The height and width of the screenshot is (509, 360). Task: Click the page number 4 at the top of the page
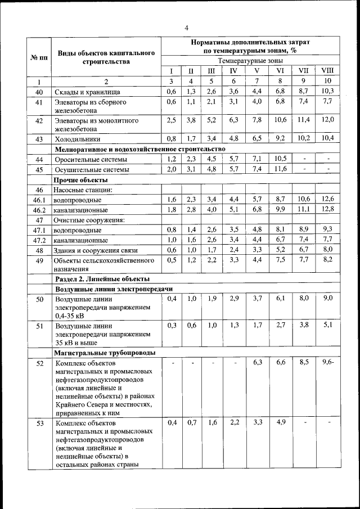(186, 28)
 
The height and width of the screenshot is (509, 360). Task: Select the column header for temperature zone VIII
(327, 71)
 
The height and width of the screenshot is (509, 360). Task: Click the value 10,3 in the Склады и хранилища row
(327, 91)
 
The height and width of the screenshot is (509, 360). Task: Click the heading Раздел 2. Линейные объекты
(101, 278)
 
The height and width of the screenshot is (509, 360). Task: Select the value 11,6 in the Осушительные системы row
(280, 169)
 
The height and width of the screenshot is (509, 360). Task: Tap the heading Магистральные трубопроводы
(105, 353)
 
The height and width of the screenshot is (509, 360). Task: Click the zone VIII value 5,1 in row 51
(327, 325)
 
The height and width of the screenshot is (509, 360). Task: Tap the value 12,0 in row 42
(327, 120)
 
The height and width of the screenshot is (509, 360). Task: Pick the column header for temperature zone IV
(233, 71)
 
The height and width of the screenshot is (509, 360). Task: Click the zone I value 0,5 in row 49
(172, 259)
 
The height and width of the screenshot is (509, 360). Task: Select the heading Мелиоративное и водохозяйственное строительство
(139, 149)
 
